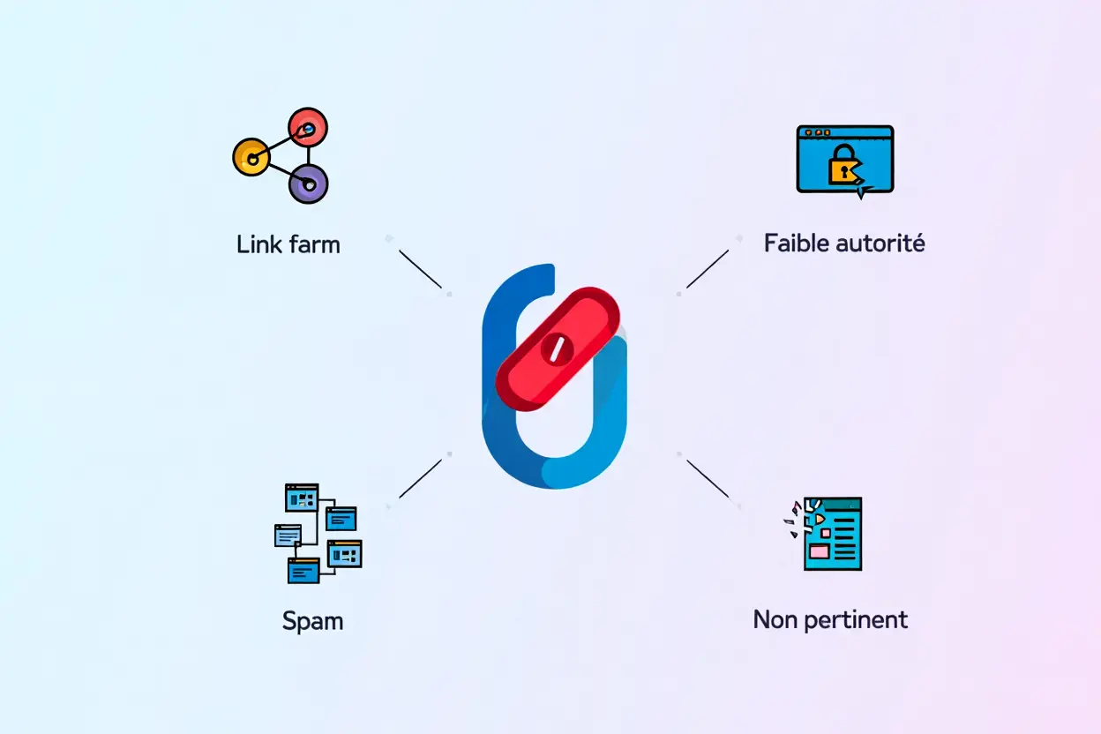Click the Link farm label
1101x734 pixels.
point(288,244)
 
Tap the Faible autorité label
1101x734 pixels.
point(844,243)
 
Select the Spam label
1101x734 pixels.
point(312,620)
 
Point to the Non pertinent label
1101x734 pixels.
point(830,619)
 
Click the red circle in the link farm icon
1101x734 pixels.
point(308,129)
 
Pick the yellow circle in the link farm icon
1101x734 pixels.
point(251,159)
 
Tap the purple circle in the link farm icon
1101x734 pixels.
point(308,183)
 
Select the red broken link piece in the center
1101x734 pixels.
point(557,348)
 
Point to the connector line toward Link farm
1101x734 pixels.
point(420,269)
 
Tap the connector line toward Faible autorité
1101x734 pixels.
point(708,268)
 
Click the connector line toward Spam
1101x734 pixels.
point(420,479)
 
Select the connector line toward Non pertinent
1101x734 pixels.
point(708,478)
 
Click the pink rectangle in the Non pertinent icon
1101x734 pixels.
point(819,551)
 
